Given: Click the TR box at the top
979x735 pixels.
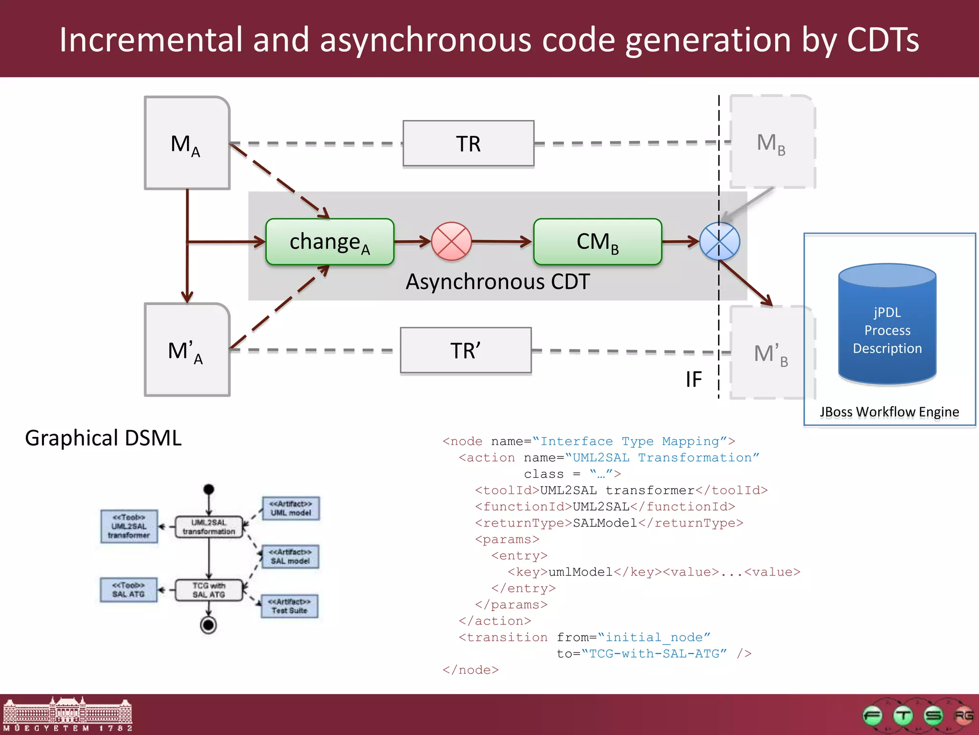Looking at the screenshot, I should pos(468,144).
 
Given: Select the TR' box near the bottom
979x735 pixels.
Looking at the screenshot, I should pos(466,350).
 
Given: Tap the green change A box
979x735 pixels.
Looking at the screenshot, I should pos(330,242).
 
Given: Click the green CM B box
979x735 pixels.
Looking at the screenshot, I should pos(598,242).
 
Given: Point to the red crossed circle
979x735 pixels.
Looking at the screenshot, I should pos(451,241).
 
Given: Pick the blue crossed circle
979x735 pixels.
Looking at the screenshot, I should pos(719,241).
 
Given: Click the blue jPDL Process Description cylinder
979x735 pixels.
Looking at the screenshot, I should pos(887,325).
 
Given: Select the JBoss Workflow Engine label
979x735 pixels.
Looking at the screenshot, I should pos(889,412).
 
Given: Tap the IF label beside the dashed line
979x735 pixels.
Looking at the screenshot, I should pos(694,379).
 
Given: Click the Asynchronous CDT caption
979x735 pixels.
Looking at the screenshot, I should pos(498,282).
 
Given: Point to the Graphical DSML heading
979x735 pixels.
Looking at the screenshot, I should pos(103,438).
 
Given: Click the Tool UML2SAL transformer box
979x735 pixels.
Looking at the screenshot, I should pos(129,526).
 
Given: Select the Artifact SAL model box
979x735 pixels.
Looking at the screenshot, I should pos(290,557).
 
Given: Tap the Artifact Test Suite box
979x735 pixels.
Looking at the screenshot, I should pos(289,606).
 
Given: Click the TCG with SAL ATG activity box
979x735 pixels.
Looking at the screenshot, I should pos(209,590).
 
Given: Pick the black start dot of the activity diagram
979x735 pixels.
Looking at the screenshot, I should pos(209,489).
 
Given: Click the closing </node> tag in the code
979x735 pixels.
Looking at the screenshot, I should pos(470,670).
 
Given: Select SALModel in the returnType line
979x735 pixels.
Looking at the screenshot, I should pos(605,523).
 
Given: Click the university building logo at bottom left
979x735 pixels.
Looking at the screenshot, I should pos(67,713).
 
